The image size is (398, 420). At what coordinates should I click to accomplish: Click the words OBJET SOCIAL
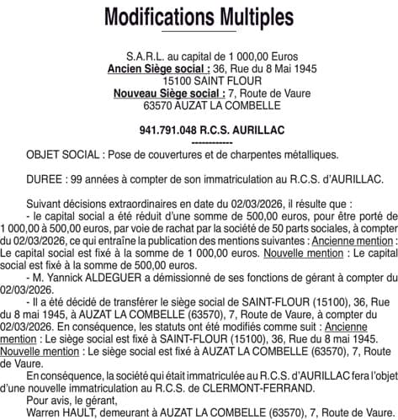[x=65, y=155]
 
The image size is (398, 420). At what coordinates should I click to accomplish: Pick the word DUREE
[x=45, y=178]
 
